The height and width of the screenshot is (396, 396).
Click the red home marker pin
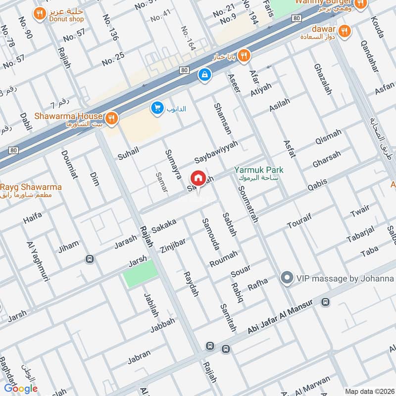(x=198, y=178)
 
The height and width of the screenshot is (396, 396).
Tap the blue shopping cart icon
(x=157, y=107)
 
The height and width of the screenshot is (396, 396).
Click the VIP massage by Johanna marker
(x=286, y=279)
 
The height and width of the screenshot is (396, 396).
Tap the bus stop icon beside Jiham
(x=89, y=259)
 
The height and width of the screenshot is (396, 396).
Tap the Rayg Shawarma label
(x=31, y=187)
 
